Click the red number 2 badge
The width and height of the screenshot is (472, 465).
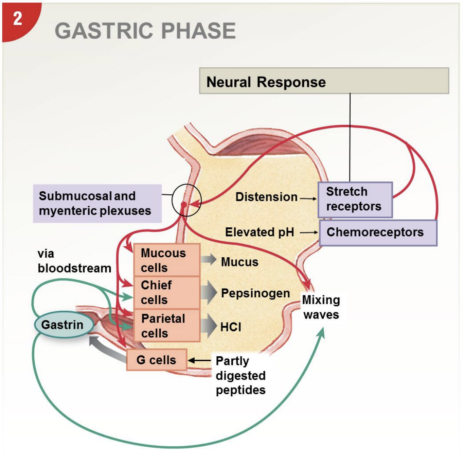[17, 20]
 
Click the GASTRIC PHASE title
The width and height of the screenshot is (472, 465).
[145, 31]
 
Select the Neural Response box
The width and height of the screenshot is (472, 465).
[324, 81]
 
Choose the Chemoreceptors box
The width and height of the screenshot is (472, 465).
[378, 232]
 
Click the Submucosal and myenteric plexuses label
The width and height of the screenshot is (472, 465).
[97, 203]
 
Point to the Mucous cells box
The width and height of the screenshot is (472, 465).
[167, 260]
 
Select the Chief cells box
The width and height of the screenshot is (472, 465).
[167, 292]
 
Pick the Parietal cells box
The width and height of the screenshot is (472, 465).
[167, 325]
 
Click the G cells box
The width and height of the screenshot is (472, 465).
[156, 360]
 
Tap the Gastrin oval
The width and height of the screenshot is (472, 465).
[62, 325]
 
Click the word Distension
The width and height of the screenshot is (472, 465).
[266, 197]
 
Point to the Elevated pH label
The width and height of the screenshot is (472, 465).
[259, 232]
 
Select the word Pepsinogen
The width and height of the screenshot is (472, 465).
[255, 293]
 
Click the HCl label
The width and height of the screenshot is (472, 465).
[230, 327]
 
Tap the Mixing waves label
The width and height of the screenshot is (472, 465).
[321, 307]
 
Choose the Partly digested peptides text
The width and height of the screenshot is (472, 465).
[240, 375]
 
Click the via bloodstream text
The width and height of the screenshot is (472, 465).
[74, 261]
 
